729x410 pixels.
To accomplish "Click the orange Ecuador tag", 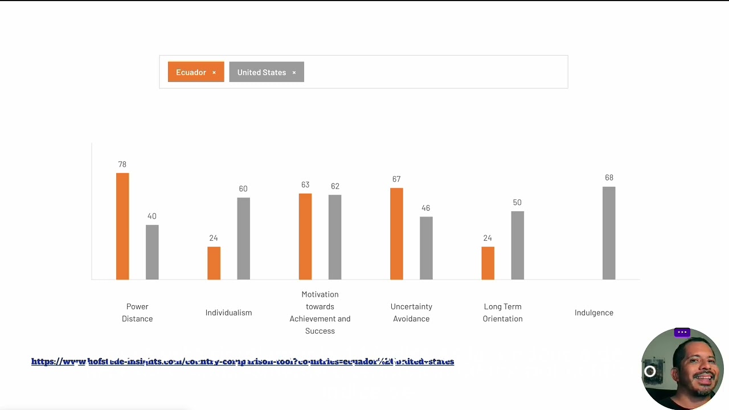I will [x=191, y=72].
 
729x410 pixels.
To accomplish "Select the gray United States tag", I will [x=261, y=72].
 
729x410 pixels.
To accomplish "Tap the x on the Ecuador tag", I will [x=214, y=72].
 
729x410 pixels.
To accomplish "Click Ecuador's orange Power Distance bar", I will [x=122, y=226].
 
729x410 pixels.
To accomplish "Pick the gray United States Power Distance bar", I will [x=152, y=252].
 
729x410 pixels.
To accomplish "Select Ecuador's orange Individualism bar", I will [x=214, y=263].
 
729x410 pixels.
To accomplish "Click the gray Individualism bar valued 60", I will [x=243, y=239].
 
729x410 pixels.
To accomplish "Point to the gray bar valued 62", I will [x=335, y=237].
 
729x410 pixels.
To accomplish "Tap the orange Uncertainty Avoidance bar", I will [x=396, y=233].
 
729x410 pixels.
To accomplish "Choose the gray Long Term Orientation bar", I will [x=517, y=245].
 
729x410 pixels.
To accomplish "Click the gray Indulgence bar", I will [x=609, y=233].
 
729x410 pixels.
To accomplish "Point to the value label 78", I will [x=122, y=165].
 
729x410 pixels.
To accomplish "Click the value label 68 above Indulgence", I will [x=609, y=178].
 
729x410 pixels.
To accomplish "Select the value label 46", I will [x=425, y=208].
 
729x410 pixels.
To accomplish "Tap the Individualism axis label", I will [x=228, y=313].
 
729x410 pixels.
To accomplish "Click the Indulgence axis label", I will [x=594, y=313].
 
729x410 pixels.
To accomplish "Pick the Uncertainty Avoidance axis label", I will [x=411, y=313].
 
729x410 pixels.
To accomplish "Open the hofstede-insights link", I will [x=243, y=362].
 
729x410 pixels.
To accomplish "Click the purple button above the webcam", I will [x=682, y=333].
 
